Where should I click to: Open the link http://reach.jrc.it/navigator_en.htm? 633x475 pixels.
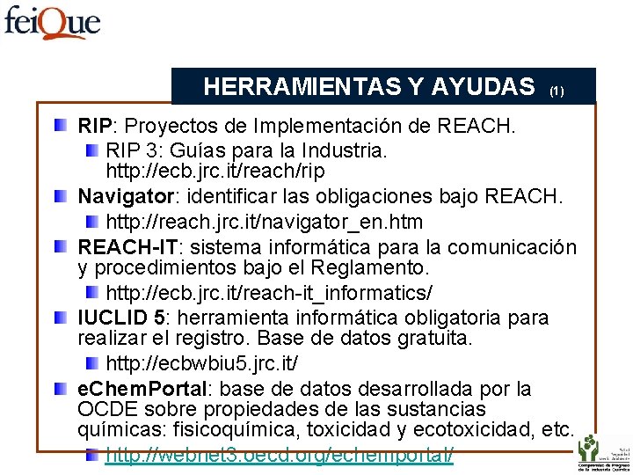coord(264,222)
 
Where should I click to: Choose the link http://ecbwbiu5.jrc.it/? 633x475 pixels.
coord(202,362)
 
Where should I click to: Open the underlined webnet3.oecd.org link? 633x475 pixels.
coord(280,456)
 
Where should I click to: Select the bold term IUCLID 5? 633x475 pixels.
coord(120,318)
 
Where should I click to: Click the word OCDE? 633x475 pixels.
coord(105,410)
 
